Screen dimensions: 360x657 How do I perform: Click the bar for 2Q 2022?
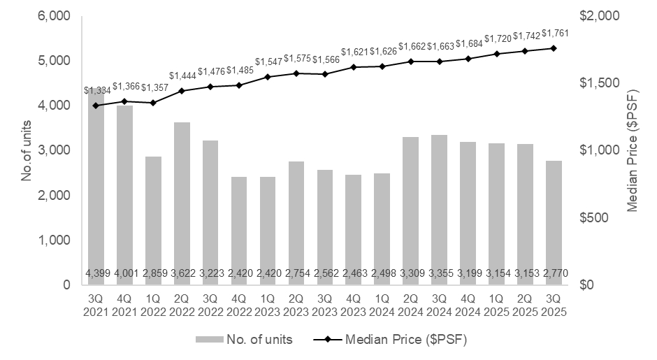coord(182,203)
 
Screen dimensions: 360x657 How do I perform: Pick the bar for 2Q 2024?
coord(410,210)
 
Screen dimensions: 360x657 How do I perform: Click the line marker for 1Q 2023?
coord(268,77)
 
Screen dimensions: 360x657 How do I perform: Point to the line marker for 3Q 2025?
coord(554,48)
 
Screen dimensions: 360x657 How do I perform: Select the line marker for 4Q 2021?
coord(124,101)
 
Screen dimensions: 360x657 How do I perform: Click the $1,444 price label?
coord(182,75)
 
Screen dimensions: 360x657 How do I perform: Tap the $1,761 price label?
coord(554,33)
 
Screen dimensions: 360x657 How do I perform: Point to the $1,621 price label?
coord(354,52)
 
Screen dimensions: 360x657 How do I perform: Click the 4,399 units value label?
coord(96,273)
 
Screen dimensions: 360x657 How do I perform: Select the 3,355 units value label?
coord(439,273)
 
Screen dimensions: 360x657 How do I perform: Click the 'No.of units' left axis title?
coord(27,150)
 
